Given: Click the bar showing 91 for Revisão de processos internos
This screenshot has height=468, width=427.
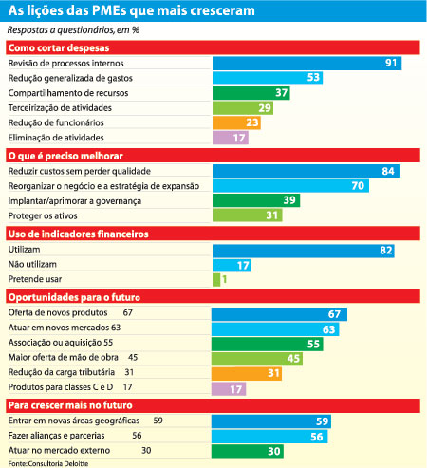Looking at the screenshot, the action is coord(306,63).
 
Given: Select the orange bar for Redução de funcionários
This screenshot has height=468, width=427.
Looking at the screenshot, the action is coord(236,122).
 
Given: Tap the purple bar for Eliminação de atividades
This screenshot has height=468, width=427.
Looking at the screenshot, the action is coord(231,138).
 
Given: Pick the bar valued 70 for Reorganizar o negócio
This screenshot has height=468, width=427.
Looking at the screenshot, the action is coord(290,185).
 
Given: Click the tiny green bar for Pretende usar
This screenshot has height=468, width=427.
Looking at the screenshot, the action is coord(216,279).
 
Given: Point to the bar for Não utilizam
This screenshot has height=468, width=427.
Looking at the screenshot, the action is coord(232,265).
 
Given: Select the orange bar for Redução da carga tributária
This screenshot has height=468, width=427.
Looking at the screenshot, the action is coord(247,373).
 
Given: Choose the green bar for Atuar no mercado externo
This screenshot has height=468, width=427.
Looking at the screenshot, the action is coord(248,451).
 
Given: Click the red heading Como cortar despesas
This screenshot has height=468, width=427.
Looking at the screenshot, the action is coord(59,47).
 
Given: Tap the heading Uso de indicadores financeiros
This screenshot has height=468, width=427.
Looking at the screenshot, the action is coord(79,234).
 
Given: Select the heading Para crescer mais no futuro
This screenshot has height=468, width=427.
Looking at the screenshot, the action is coord(70,405).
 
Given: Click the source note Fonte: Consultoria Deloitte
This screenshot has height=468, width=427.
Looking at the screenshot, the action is coord(48,463).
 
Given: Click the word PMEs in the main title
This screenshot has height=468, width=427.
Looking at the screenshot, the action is coord(110,10).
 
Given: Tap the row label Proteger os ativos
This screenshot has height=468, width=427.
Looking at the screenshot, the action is coord(43,215).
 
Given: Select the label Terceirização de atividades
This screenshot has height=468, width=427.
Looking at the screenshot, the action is coord(60,108).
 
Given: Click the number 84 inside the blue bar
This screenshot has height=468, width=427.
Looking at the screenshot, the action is coord(388,171).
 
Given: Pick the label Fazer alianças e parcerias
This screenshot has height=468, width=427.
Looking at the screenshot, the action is coord(57,436).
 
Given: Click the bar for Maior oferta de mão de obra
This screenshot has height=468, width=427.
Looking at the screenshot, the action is coord(257,359).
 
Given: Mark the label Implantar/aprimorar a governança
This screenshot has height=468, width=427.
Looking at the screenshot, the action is coord(75,201).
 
